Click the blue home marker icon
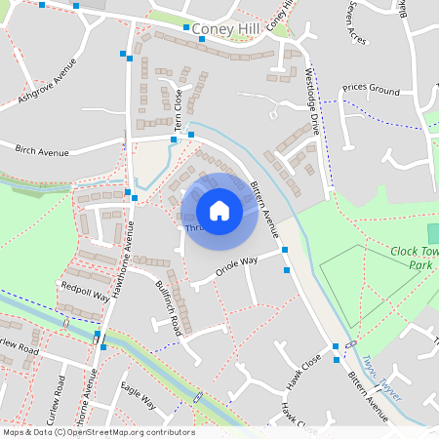click(x=219, y=210)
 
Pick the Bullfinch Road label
click(x=169, y=305)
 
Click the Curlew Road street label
click(x=20, y=348)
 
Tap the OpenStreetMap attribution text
click(x=98, y=432)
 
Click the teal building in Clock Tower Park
click(x=433, y=234)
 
